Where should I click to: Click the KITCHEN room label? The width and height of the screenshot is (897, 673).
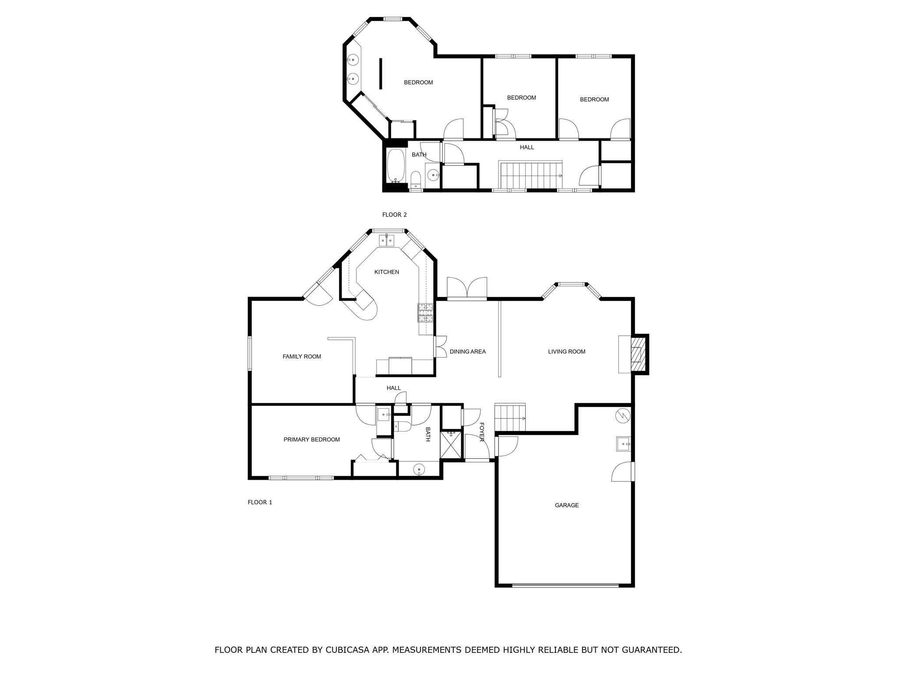386,272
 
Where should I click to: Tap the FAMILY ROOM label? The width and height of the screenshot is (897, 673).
302,357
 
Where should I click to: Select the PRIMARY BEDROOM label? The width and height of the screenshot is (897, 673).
311,439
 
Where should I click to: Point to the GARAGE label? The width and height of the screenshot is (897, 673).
567,505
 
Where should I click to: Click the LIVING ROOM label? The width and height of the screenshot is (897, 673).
566,351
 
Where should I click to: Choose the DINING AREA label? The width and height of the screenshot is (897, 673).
467,351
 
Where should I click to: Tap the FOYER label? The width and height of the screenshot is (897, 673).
482,432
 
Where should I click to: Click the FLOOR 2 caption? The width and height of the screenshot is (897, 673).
394,215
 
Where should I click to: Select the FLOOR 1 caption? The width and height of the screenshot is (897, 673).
260,502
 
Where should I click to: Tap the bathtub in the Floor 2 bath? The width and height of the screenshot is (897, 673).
396,165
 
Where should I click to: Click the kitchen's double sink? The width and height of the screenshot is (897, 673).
386,241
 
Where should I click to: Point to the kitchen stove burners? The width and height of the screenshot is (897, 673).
426,313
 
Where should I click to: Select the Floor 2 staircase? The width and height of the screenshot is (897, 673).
531,175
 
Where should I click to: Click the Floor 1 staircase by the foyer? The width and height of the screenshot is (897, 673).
510,418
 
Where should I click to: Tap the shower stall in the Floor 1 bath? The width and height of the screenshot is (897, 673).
451,445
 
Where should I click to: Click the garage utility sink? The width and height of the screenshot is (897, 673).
623,444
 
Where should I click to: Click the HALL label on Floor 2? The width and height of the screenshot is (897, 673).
526,147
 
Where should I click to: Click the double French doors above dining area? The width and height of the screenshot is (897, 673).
467,289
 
